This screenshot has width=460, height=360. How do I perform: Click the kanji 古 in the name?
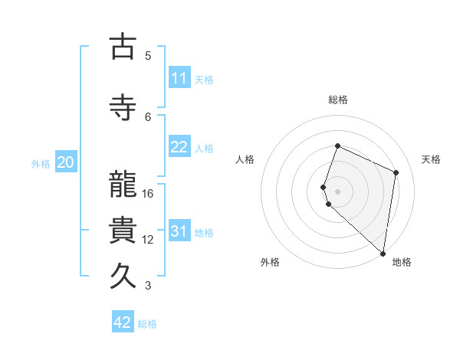(x=123, y=47)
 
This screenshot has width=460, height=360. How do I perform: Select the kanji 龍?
(x=123, y=185)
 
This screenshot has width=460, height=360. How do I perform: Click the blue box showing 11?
(x=179, y=78)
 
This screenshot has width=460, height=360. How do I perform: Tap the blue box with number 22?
(x=179, y=147)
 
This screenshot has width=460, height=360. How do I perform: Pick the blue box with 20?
(x=65, y=162)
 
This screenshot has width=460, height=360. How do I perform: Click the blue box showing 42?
(x=123, y=322)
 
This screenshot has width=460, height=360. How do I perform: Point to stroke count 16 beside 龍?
(x=148, y=194)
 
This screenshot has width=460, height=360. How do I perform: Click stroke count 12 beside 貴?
(x=148, y=240)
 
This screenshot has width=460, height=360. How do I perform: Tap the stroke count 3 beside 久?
(x=148, y=286)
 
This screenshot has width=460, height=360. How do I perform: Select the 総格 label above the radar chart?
(x=337, y=100)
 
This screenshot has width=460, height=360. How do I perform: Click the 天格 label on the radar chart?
(x=432, y=159)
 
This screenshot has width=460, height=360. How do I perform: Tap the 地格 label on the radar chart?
(x=402, y=263)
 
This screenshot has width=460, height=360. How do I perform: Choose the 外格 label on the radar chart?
(x=270, y=263)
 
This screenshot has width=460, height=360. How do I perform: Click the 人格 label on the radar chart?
(x=245, y=159)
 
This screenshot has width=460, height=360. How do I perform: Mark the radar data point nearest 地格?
(x=383, y=254)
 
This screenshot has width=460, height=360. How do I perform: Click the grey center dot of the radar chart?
(x=337, y=191)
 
